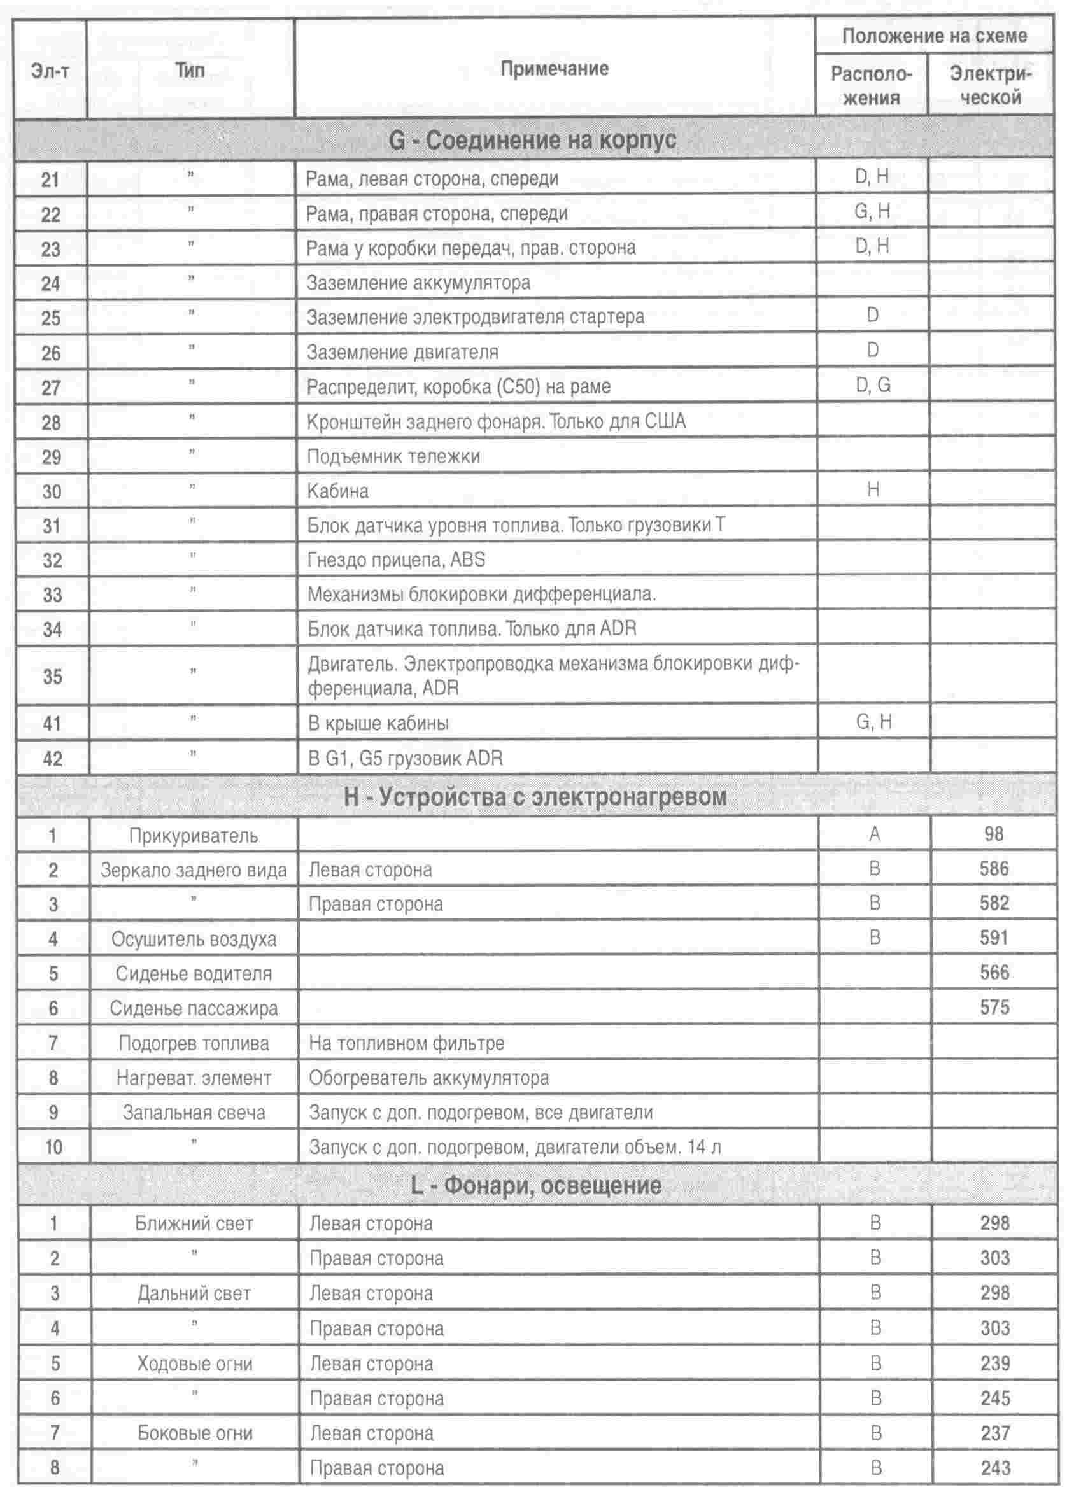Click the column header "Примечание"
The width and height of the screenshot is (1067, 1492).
[x=554, y=69]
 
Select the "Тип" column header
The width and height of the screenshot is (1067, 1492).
[x=190, y=70]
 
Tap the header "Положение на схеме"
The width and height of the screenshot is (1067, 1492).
[x=933, y=36]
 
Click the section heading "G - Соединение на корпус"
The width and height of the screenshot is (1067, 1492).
[x=532, y=140]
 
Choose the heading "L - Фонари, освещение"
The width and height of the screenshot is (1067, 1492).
[x=535, y=1186]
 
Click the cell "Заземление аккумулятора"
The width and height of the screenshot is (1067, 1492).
[x=418, y=283]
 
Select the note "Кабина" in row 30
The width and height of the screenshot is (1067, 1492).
[x=337, y=491]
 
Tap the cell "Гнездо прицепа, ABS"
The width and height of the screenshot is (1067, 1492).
[x=396, y=559]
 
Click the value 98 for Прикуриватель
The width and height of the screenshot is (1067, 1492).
[x=993, y=834]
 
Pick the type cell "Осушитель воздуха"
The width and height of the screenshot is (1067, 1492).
[x=194, y=939]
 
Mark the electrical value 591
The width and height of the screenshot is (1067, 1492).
[x=993, y=938]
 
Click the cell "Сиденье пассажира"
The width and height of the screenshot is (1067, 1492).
[x=194, y=1008]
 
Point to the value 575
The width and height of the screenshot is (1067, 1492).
[x=994, y=1007]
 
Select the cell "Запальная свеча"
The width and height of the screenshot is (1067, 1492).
[x=194, y=1113]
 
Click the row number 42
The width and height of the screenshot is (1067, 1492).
[x=53, y=759]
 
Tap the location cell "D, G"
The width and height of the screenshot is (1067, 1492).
[x=873, y=385]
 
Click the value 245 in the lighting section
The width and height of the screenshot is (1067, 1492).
[x=994, y=1398]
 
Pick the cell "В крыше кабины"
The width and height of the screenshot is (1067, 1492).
[x=378, y=724]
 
